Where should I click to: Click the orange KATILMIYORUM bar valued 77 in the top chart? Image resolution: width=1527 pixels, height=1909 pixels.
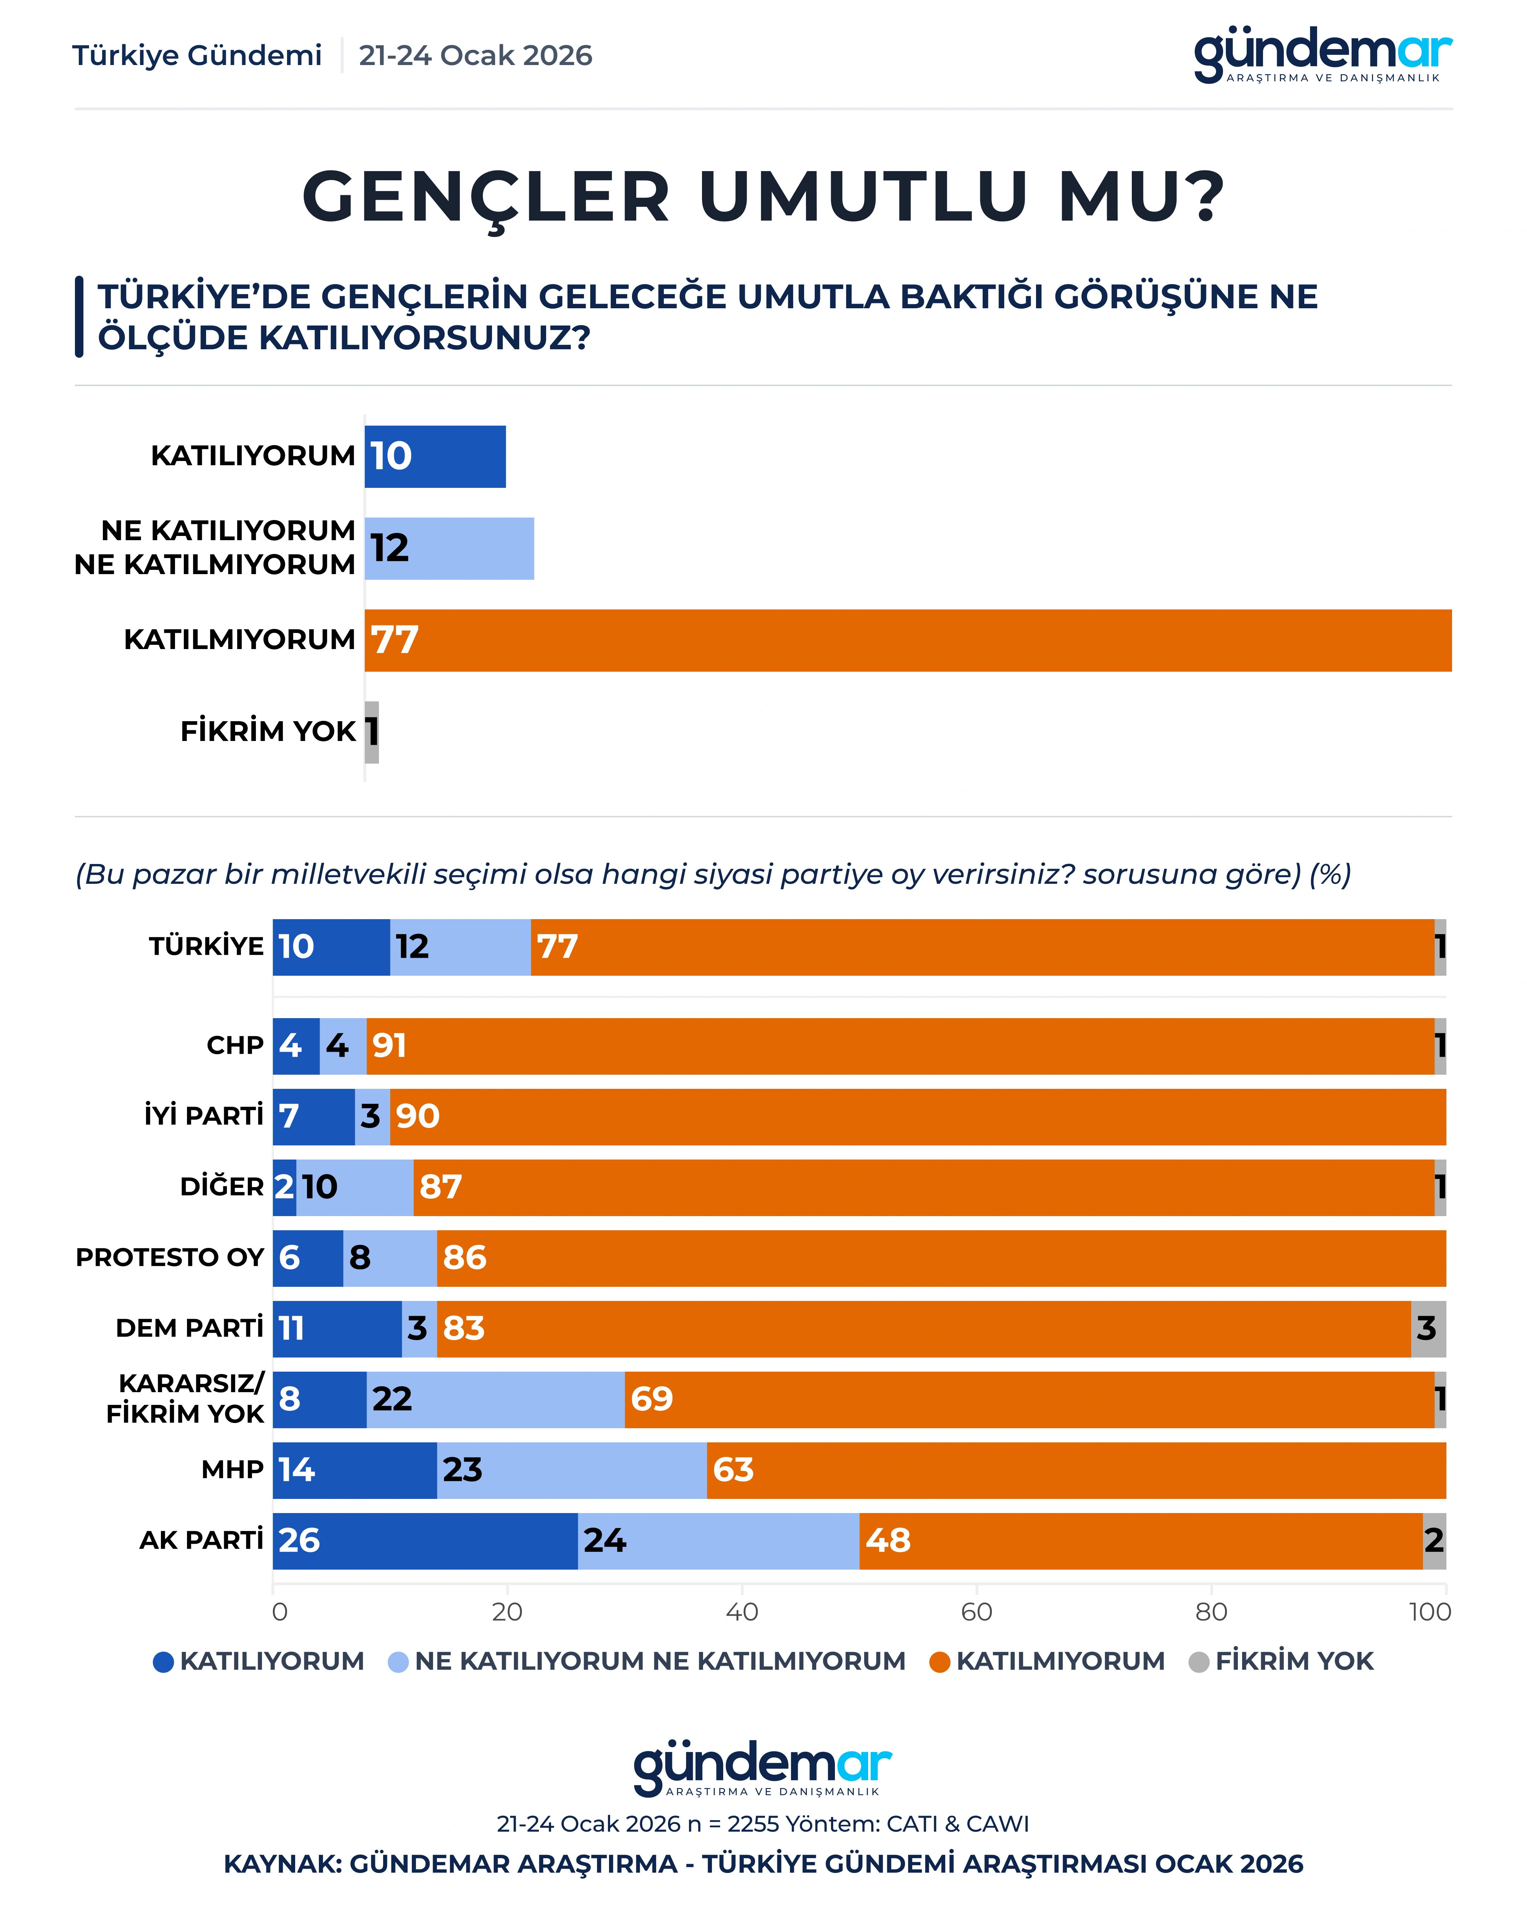click(x=907, y=640)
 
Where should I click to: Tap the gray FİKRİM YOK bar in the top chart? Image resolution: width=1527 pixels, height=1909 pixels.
click(x=372, y=732)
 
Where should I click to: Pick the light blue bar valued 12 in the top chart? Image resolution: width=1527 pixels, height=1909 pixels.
click(x=449, y=548)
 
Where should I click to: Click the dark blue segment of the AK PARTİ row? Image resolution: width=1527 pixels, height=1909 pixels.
click(x=425, y=1541)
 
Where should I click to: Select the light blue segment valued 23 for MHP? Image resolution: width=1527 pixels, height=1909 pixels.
click(x=572, y=1470)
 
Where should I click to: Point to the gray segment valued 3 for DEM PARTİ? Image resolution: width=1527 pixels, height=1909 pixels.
click(x=1428, y=1328)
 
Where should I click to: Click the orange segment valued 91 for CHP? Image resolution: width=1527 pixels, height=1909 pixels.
click(x=899, y=1046)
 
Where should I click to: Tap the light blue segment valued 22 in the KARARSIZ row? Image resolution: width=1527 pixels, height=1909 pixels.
click(x=496, y=1399)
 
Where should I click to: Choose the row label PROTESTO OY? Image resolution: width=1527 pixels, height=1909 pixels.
click(x=170, y=1257)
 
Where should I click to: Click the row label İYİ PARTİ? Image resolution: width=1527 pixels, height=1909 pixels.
click(x=204, y=1116)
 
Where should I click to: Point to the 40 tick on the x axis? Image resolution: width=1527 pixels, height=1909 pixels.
click(x=742, y=1611)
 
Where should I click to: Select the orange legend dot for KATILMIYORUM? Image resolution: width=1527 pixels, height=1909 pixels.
click(x=939, y=1662)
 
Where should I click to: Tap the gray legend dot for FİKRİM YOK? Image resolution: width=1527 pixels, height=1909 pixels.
click(x=1199, y=1662)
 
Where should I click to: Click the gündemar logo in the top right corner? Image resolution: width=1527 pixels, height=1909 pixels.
click(x=1322, y=55)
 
